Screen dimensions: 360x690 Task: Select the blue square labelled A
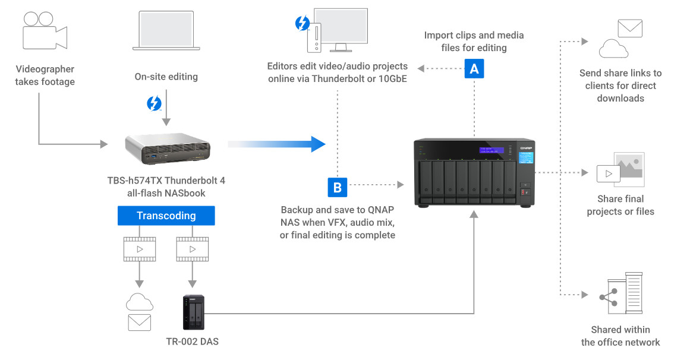click(474, 68)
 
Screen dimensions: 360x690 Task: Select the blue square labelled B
click(337, 187)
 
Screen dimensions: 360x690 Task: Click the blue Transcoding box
click(166, 216)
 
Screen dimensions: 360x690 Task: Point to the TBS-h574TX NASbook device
click(168, 149)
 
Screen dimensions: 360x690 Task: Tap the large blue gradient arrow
click(277, 144)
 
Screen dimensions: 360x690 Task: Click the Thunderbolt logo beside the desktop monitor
click(303, 23)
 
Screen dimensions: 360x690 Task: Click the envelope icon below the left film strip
click(139, 323)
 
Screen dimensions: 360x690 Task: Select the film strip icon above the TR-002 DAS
click(191, 249)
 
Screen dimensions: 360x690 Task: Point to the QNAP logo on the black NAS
click(525, 146)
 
